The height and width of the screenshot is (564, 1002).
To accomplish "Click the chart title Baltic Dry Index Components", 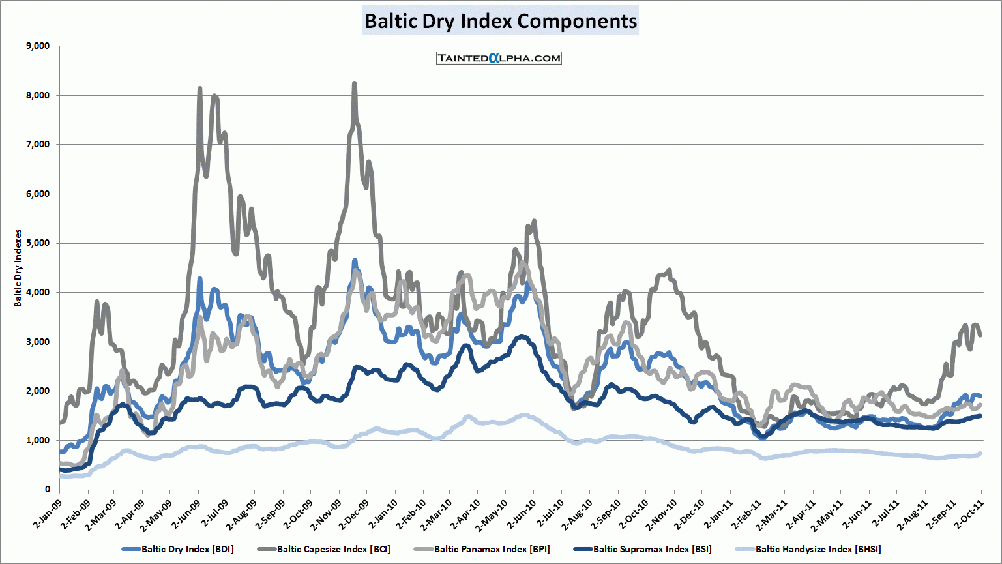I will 501,21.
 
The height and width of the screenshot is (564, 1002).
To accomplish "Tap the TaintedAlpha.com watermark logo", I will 499,58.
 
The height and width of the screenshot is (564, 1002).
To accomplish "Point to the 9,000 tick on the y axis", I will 37,46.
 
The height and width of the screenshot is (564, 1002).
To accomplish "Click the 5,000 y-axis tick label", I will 37,243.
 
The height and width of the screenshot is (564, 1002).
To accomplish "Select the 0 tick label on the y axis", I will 47,489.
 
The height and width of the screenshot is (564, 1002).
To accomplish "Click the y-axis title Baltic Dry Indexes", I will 18,268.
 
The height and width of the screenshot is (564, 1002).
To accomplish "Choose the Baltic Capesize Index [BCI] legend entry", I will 333,549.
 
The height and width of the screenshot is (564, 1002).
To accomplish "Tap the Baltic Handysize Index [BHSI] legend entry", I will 818,549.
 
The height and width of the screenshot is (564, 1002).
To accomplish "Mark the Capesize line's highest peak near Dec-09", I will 354,83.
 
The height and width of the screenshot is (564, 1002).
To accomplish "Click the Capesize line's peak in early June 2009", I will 199,88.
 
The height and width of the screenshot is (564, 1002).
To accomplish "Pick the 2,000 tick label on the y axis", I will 37,391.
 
